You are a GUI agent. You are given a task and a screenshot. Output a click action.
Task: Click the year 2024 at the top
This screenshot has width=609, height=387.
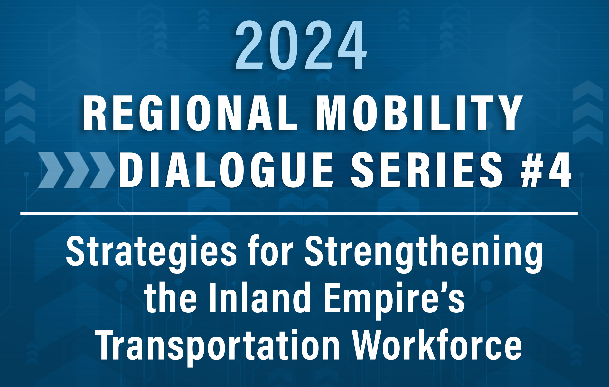[301, 45]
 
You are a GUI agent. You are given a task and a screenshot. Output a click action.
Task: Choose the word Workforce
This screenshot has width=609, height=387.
[437, 344]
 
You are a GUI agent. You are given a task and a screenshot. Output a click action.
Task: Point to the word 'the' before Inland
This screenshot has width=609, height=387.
[171, 297]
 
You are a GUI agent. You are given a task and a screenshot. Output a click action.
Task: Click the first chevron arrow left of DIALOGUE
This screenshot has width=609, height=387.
[50, 170]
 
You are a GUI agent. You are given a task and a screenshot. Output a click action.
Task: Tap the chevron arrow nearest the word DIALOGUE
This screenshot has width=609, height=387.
[103, 170]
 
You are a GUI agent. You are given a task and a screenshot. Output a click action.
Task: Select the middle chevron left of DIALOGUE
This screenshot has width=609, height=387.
[76, 170]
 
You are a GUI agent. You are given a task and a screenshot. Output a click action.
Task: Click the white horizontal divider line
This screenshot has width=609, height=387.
[299, 214]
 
